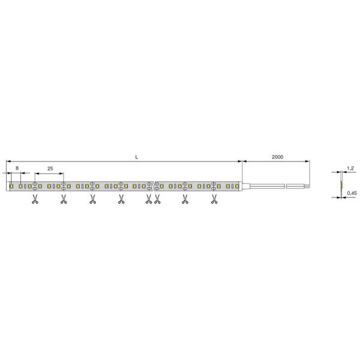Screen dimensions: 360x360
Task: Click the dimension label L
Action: (x=137, y=157)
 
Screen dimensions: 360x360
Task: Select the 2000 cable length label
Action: (x=277, y=157)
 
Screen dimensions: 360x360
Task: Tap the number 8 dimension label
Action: (x=17, y=168)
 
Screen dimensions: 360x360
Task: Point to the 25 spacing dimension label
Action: (x=50, y=169)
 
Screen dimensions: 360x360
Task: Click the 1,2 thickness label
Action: (x=350, y=168)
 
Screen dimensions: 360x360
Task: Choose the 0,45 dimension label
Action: (x=352, y=193)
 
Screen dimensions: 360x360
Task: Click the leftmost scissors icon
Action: (x=35, y=199)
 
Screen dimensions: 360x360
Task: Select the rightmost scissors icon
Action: (x=214, y=199)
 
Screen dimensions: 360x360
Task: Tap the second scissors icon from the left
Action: (x=64, y=199)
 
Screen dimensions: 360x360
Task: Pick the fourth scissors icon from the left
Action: (x=121, y=199)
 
